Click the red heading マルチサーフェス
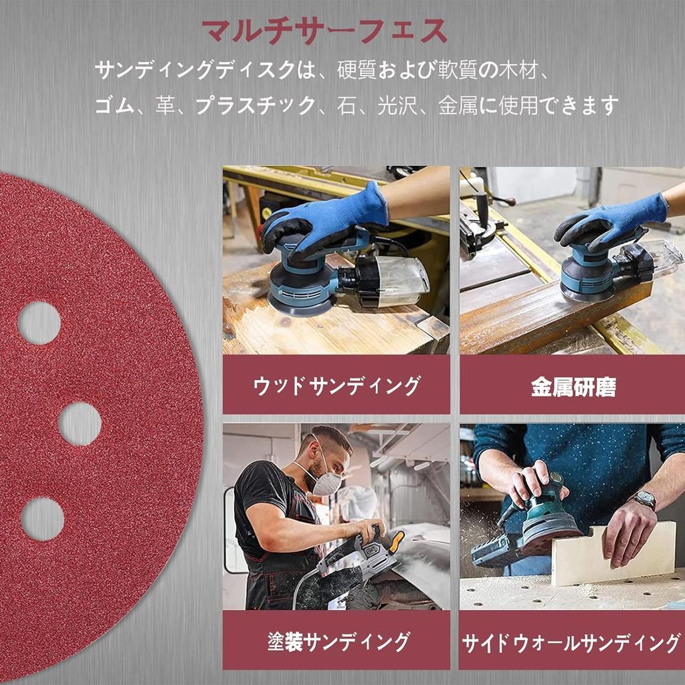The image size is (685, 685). click(x=324, y=31)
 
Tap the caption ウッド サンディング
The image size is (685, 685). click(x=336, y=385)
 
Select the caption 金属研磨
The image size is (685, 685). click(x=573, y=387)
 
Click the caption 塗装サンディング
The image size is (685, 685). click(x=338, y=642)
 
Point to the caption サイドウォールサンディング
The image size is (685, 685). click(x=571, y=643)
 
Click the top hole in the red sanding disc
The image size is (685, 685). click(x=39, y=322)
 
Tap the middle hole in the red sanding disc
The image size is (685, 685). click(x=80, y=423)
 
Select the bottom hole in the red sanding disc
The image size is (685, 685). click(x=42, y=519)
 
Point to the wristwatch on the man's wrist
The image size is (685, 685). click(x=644, y=499)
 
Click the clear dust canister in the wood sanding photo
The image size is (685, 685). click(x=398, y=279)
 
